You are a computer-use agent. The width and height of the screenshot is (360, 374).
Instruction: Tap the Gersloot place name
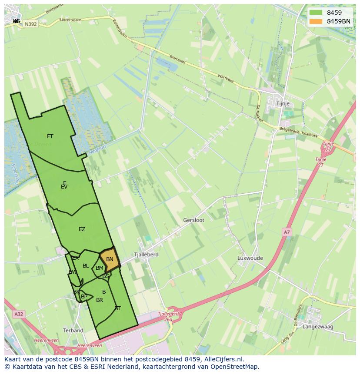[193, 220]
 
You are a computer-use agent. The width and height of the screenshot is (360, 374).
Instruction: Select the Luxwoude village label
[250, 258]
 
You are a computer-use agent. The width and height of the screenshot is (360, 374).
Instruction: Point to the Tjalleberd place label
[146, 255]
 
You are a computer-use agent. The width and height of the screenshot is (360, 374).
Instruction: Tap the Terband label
[73, 331]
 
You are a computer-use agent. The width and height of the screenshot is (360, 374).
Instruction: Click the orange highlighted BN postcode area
[110, 260]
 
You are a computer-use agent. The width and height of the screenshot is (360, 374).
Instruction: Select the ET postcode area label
[50, 136]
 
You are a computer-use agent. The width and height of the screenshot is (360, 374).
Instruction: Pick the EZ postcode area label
[82, 229]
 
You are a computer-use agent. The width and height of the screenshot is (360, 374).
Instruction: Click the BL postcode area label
[86, 266]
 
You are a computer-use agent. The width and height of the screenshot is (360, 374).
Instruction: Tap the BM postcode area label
[100, 268]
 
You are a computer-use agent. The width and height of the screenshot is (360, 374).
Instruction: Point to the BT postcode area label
[117, 308]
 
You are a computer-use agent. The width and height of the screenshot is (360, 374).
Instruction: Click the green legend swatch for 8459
[316, 13]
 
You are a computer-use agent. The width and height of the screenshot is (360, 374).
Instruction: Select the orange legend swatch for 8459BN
[316, 21]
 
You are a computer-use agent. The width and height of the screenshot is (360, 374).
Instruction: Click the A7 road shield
[287, 232]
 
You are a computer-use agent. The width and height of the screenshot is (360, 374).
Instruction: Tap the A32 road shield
[18, 314]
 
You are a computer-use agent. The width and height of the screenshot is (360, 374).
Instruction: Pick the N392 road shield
[30, 24]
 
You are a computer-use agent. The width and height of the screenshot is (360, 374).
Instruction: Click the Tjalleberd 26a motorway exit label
[168, 316]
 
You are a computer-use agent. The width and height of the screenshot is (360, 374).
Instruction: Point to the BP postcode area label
[84, 297]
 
